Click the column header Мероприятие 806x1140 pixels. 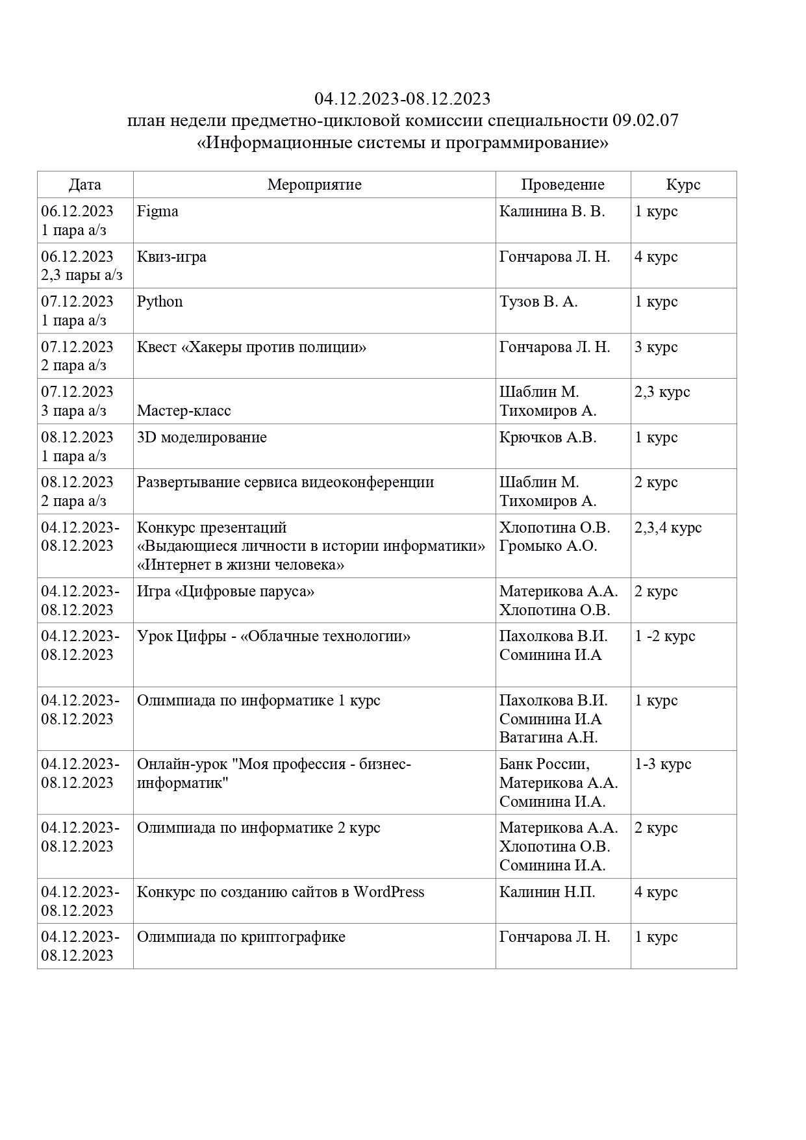(x=314, y=185)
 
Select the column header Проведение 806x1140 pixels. (x=562, y=185)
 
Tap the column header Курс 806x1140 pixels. (x=683, y=185)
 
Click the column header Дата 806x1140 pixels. (x=85, y=185)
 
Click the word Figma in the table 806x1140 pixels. (x=158, y=212)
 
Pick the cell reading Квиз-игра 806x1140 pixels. (x=171, y=257)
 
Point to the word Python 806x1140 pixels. (x=160, y=302)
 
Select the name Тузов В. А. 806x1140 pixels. (x=538, y=302)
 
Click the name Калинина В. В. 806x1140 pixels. (x=551, y=212)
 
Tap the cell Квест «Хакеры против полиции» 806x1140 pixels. (x=251, y=348)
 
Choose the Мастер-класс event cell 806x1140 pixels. (x=184, y=411)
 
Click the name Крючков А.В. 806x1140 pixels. (x=548, y=438)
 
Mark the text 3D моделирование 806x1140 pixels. (x=202, y=438)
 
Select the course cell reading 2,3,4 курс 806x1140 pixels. (x=668, y=528)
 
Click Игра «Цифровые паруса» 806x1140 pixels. (x=225, y=592)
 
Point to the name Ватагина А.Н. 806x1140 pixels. (x=548, y=738)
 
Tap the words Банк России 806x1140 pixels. (x=544, y=765)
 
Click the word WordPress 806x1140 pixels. (x=388, y=893)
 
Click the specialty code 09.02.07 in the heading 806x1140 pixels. (x=645, y=121)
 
